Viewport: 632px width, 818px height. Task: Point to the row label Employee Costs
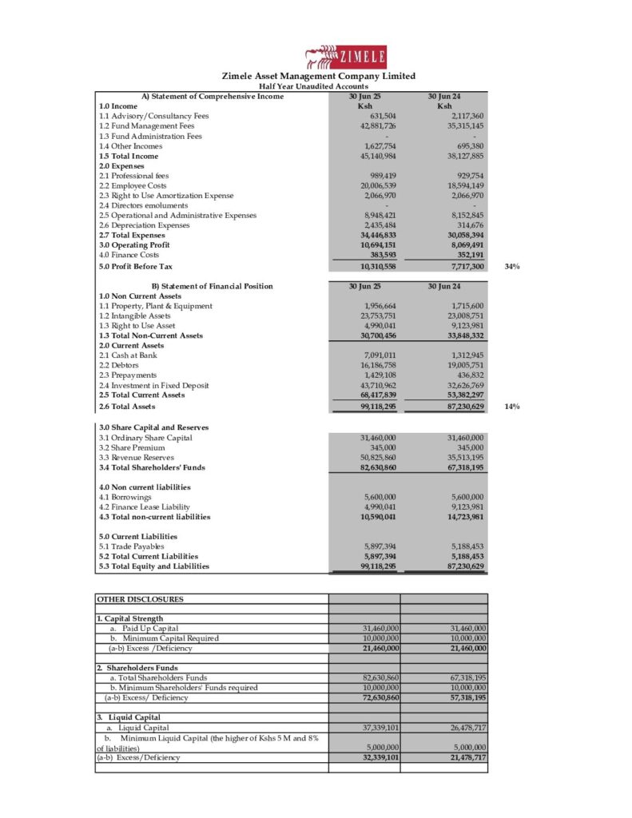coord(133,185)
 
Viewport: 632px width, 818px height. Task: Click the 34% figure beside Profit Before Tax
coord(513,266)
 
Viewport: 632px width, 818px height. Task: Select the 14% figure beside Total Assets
coord(513,407)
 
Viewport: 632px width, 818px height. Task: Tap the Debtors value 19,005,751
coord(468,365)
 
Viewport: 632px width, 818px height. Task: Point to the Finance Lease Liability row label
coord(144,506)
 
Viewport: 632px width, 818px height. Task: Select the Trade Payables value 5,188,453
coord(468,546)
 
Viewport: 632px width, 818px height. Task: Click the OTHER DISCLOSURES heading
coord(140,598)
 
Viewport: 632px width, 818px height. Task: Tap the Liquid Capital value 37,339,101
coord(381,728)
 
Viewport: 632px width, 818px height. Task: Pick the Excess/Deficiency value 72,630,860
coord(381,697)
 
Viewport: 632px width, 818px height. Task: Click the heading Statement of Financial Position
coord(212,286)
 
